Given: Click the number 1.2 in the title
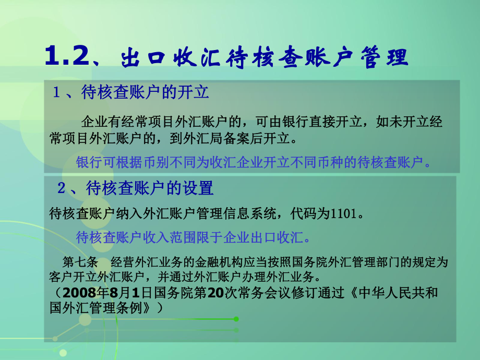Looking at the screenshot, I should [65, 57].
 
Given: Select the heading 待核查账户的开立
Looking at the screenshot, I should [146, 93].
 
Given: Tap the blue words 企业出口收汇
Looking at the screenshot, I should [267, 238].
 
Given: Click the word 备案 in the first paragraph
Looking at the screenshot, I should [239, 139].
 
